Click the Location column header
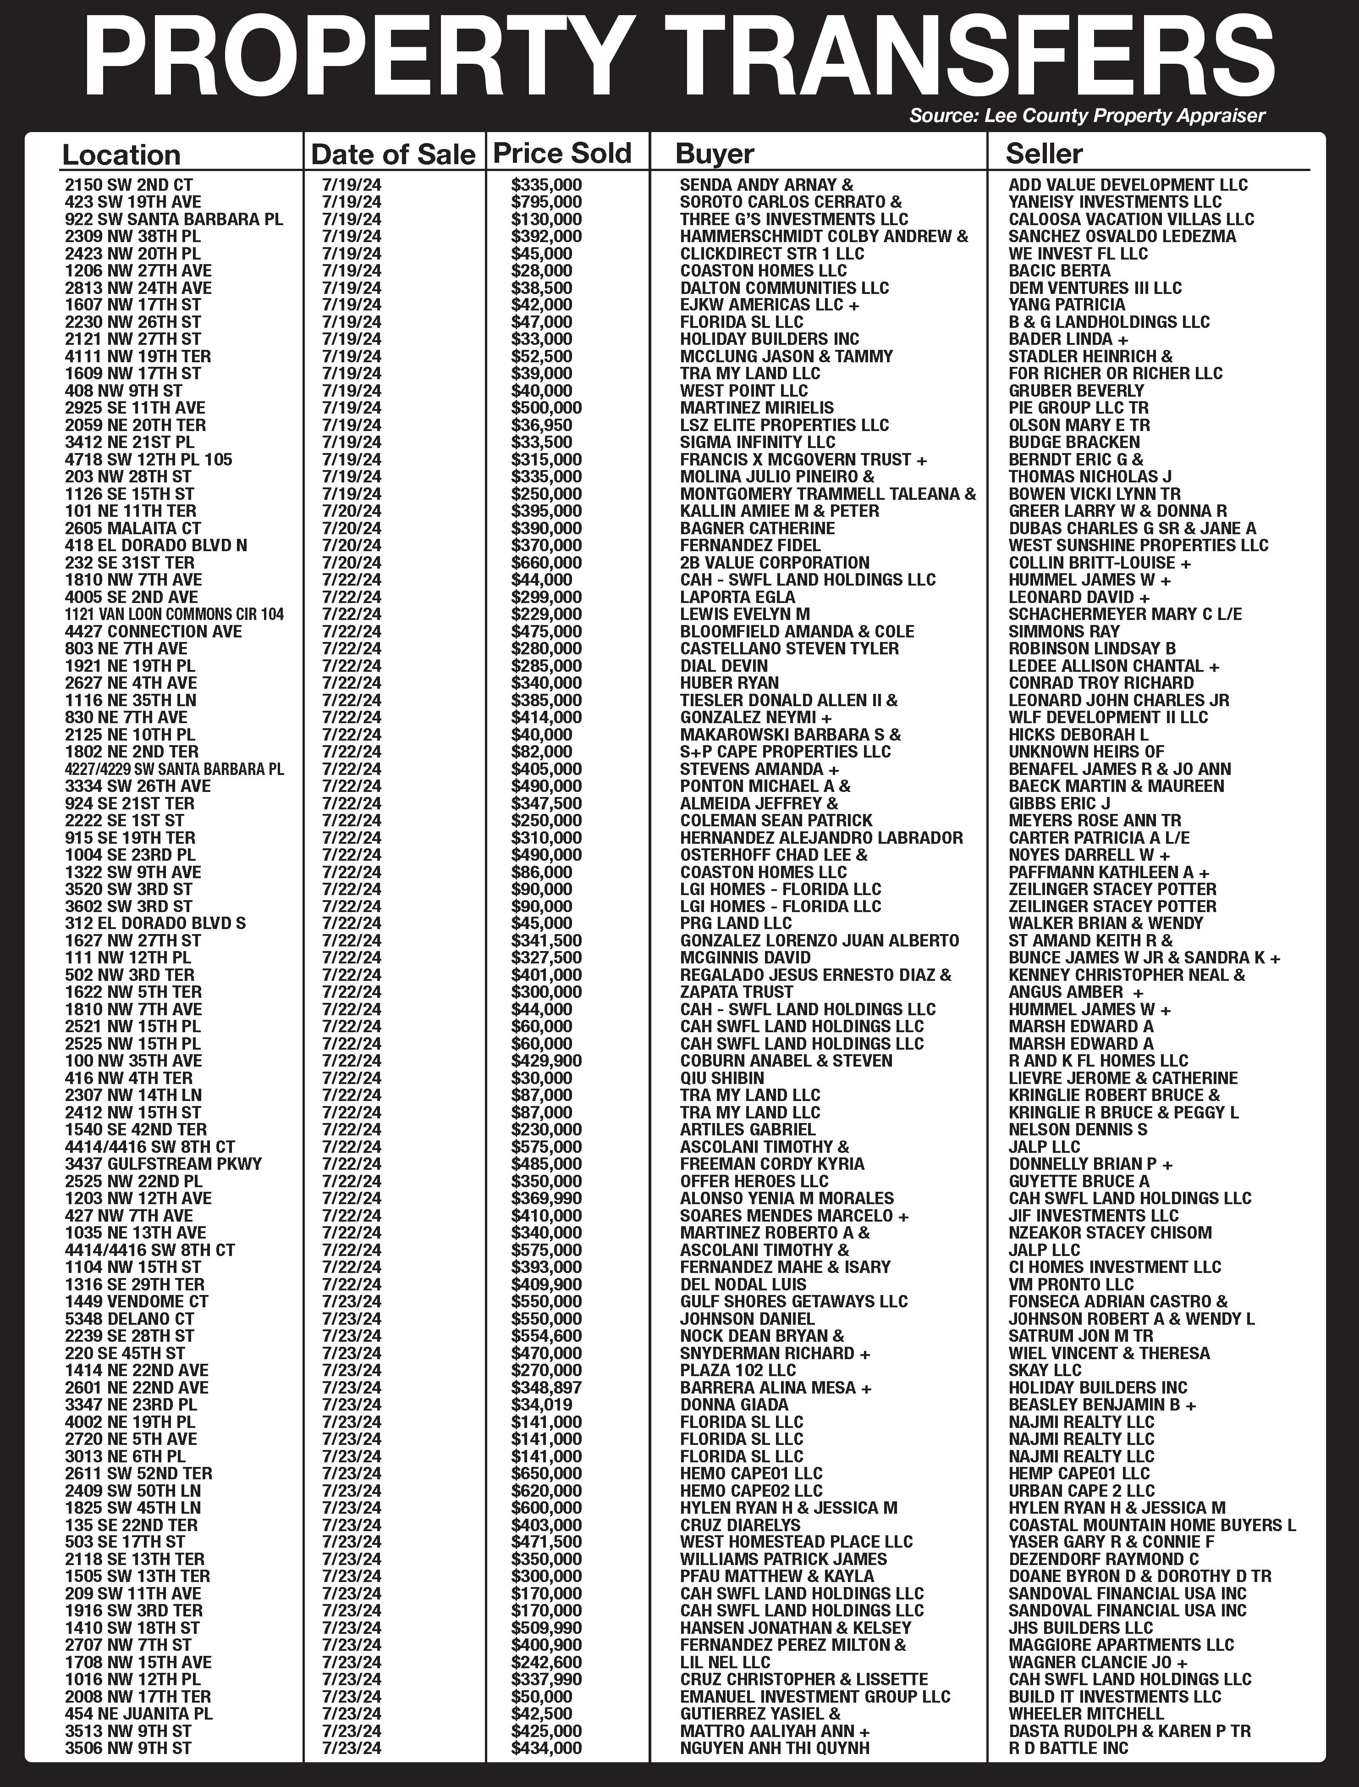[x=121, y=155]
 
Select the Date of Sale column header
[x=393, y=154]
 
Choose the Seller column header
[x=1044, y=153]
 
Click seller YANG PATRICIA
[x=1066, y=305]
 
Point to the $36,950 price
[x=541, y=426]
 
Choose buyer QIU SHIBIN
[x=721, y=1078]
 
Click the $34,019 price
[x=541, y=1405]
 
